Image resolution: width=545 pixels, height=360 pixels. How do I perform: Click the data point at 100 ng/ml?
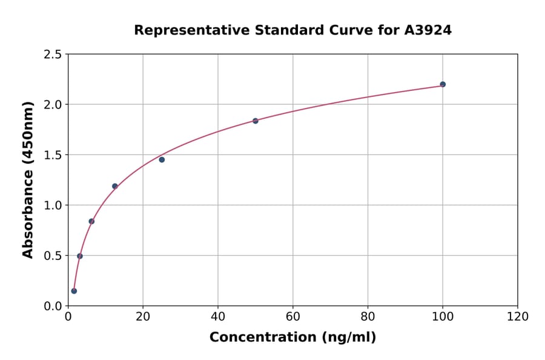pos(443,84)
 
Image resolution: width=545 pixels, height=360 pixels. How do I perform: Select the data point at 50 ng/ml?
pos(256,121)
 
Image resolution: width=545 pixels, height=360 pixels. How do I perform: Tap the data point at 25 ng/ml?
pos(162,159)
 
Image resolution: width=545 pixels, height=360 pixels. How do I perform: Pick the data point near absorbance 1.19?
pos(115,186)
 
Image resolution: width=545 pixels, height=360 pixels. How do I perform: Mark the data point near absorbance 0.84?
pos(91,221)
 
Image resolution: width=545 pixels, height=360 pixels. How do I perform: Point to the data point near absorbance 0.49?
pos(80,256)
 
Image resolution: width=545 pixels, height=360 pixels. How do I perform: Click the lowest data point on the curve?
pos(74,291)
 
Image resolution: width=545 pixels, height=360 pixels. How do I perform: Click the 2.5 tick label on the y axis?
pos(53,55)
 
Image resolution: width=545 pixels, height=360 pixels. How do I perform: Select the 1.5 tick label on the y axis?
pos(53,155)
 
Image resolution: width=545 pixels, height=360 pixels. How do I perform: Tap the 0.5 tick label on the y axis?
pos(53,256)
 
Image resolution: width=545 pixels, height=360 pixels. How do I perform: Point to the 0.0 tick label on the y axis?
pos(53,306)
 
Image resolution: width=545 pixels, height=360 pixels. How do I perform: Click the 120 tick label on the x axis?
pos(518,316)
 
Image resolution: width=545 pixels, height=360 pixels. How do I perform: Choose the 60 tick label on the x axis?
pos(292,316)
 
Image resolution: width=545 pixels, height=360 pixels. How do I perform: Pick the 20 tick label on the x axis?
pos(143,316)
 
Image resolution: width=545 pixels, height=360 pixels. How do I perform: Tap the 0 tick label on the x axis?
pos(68,316)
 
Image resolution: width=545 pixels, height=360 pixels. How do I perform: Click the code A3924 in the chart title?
pos(428,30)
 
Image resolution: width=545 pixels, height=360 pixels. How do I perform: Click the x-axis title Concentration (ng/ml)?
pos(292,337)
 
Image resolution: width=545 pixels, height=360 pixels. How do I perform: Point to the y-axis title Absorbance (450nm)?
pos(28,179)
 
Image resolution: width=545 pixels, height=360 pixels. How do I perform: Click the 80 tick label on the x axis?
pos(368,316)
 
